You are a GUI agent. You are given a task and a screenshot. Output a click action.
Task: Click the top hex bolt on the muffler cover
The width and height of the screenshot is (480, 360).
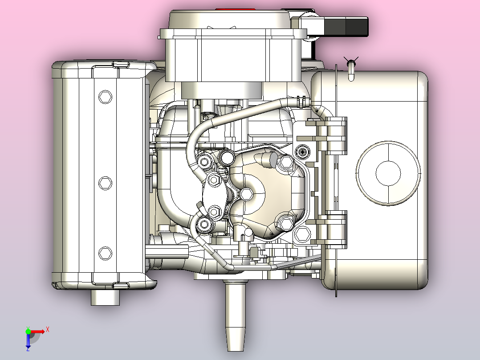[105, 97]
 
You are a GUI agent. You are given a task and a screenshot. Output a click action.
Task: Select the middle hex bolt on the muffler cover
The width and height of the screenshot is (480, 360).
[105, 183]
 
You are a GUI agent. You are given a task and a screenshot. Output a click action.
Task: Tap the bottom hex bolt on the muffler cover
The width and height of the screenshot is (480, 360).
[105, 253]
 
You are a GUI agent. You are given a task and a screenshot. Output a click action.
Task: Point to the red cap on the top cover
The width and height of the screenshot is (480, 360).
[235, 9]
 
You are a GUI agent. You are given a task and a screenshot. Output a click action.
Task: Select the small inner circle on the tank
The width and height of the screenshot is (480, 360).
[388, 173]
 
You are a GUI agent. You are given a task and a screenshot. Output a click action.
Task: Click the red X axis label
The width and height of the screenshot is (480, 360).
[48, 330]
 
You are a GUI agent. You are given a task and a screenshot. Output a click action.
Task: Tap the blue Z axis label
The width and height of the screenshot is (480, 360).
[28, 348]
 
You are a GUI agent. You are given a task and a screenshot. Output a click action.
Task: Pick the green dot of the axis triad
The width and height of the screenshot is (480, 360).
[28, 331]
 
